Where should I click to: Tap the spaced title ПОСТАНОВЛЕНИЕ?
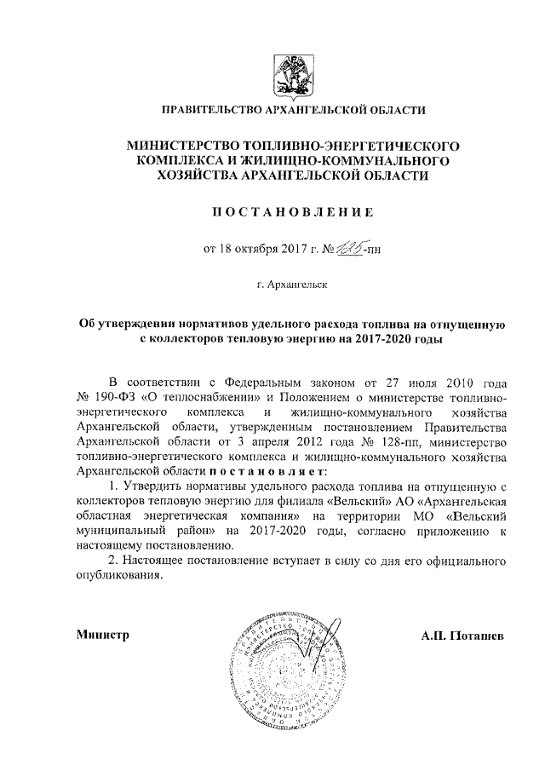click(293, 210)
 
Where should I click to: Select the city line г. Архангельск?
click(293, 283)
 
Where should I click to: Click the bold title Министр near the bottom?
click(101, 636)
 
